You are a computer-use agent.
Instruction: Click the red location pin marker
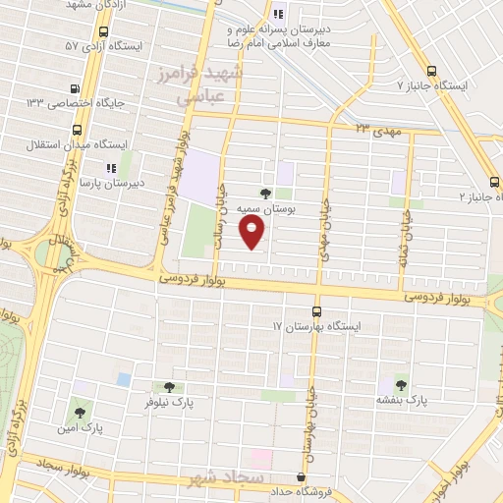[253, 232]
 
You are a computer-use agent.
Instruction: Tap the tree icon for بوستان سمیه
[265, 194]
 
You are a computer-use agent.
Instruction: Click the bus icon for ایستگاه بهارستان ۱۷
[316, 311]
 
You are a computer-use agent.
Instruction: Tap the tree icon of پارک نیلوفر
[168, 388]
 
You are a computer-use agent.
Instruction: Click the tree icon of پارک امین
[80, 413]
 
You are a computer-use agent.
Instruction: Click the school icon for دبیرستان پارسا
[111, 168]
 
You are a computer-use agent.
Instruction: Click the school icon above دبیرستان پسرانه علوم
[278, 14]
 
